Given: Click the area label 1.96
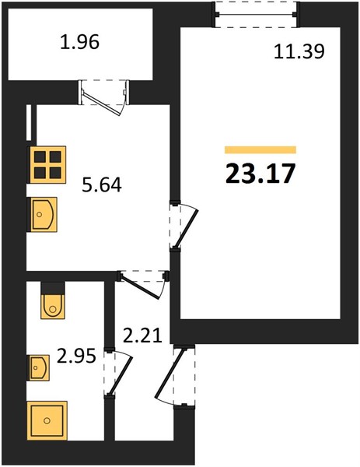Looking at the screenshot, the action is click(x=79, y=42).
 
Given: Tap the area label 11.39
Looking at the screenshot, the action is click(x=299, y=52).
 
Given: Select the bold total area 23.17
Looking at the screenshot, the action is click(x=260, y=174).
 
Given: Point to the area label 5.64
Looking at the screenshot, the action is click(x=102, y=185).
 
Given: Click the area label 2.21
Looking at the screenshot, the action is click(x=142, y=335).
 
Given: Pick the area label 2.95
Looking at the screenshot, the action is click(x=76, y=356).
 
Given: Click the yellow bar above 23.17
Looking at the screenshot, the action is click(x=260, y=149).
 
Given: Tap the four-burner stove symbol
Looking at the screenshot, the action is click(x=47, y=164).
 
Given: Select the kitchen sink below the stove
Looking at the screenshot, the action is click(x=43, y=215).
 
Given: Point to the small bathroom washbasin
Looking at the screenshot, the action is click(x=39, y=367).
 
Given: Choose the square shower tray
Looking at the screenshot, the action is click(x=47, y=420).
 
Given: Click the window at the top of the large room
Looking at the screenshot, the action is click(x=256, y=14).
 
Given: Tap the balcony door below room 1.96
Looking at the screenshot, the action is click(x=104, y=96).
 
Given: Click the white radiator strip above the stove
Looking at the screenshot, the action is click(x=29, y=122).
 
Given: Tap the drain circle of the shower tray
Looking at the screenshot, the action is click(x=47, y=420).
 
